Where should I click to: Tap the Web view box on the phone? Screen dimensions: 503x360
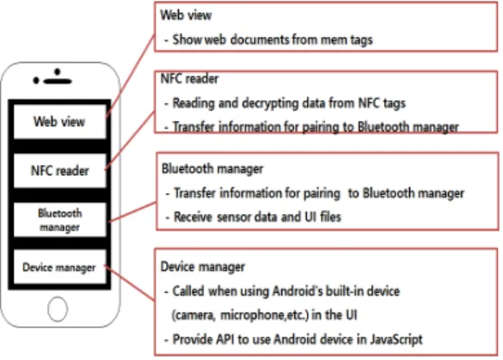click(59, 121)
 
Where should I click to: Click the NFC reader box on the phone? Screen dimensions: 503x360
click(59, 170)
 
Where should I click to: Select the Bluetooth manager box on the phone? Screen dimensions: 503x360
click(59, 220)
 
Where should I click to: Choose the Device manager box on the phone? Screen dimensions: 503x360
click(59, 267)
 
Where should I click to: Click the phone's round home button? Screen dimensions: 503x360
click(58, 309)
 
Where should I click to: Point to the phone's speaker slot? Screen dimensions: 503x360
click(58, 81)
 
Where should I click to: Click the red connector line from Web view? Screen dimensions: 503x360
click(130, 76)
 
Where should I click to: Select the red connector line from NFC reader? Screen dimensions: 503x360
click(130, 140)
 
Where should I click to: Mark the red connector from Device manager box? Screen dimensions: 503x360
click(130, 284)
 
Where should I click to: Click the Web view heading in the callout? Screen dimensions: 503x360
click(186, 15)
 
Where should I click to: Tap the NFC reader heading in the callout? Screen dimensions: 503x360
click(189, 78)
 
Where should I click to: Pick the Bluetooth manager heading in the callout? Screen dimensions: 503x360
click(212, 168)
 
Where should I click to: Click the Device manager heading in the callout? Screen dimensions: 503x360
click(203, 266)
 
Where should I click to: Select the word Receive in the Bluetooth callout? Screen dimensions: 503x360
click(193, 217)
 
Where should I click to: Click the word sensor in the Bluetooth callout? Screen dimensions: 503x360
click(231, 217)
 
